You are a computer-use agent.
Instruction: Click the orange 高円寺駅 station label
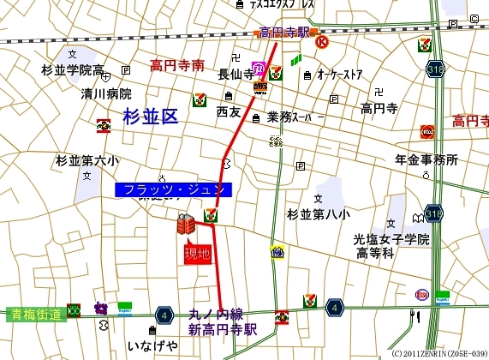(x=283, y=33)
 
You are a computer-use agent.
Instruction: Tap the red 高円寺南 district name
(x=177, y=64)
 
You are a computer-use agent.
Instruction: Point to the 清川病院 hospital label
(x=106, y=93)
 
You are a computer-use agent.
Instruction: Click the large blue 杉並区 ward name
(x=151, y=118)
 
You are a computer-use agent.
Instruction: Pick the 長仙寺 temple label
(x=236, y=75)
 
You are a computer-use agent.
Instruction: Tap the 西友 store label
(x=228, y=111)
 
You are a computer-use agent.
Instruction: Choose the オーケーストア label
(x=340, y=75)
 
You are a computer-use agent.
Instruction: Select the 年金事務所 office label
(x=426, y=159)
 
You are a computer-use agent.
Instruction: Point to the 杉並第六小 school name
(x=87, y=160)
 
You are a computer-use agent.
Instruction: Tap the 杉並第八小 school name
(x=319, y=213)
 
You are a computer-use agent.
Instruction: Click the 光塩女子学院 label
(x=392, y=239)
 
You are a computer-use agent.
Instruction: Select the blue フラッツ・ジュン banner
(x=173, y=189)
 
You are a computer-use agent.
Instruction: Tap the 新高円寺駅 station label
(x=223, y=329)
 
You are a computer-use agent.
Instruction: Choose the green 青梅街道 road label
(x=33, y=315)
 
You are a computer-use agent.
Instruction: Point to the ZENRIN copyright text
(x=438, y=353)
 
